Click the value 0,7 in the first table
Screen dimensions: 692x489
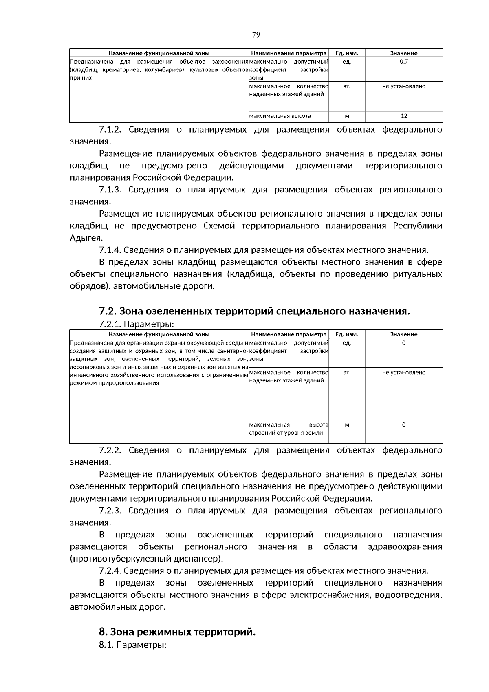pos(404,62)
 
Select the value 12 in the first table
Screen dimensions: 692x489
pos(404,116)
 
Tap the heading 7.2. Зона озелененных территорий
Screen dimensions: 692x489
pos(254,311)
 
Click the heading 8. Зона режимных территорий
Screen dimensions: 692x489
pos(177,632)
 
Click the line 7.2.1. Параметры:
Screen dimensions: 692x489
pos(136,324)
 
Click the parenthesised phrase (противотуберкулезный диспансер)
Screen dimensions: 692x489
pos(146,559)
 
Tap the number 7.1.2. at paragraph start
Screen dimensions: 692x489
pos(110,130)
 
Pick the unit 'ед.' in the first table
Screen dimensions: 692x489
pos(347,62)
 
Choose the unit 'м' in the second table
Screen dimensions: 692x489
pos(347,425)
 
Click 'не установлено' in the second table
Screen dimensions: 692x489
pos(404,372)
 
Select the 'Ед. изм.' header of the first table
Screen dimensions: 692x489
pos(347,53)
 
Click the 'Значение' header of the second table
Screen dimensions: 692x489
pos(404,334)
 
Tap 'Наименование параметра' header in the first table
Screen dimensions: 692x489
pos(289,53)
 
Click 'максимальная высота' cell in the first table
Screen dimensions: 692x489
pos(280,116)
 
